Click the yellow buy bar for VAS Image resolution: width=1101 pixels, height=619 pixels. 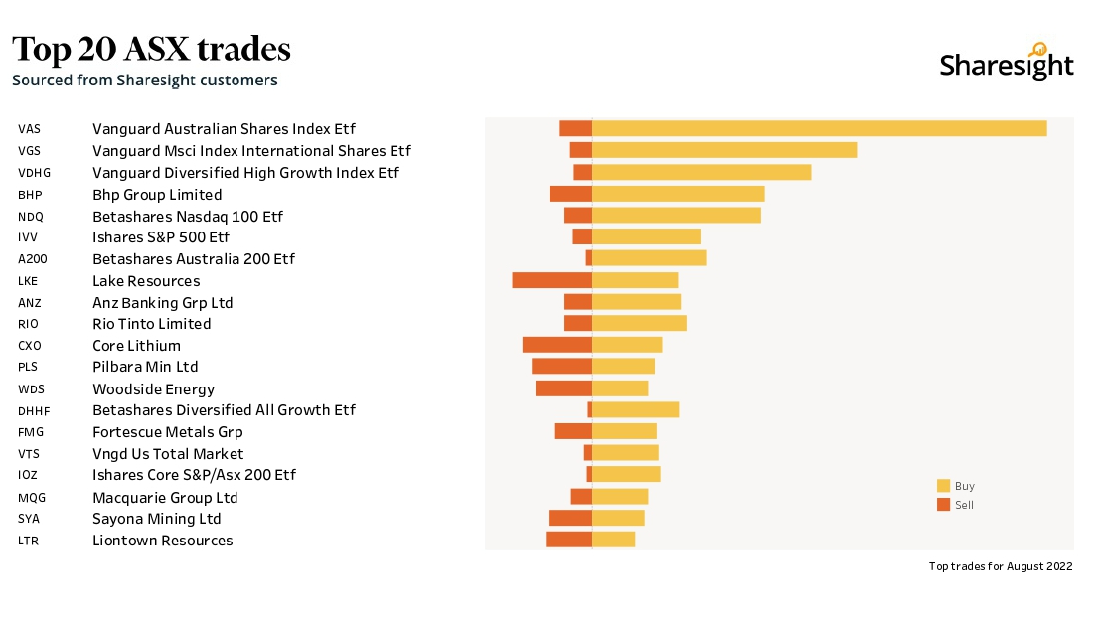819,128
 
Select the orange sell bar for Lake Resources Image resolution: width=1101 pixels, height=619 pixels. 551,280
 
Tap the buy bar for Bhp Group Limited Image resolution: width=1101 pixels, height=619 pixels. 678,194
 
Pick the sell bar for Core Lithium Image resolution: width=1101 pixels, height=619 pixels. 556,345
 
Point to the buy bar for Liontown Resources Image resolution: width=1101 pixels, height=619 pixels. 613,540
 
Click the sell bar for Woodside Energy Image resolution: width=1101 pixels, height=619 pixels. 563,388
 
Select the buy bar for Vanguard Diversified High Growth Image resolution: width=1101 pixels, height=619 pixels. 702,172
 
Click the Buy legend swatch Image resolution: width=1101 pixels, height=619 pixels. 943,486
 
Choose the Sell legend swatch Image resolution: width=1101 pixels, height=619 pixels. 943,505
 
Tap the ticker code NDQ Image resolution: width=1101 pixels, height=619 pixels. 31,217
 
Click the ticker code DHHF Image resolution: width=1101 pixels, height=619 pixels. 34,410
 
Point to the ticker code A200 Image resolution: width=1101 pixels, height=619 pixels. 32,259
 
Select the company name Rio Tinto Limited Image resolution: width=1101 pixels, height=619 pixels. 151,324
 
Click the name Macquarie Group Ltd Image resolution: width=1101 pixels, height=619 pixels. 165,497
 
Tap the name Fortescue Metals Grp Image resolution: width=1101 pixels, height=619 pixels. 167,432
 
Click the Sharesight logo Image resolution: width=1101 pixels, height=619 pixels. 1006,63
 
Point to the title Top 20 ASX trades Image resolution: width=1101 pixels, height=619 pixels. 151,49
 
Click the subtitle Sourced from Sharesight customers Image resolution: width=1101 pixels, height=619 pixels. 144,80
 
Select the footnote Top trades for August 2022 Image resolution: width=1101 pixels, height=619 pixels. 1001,566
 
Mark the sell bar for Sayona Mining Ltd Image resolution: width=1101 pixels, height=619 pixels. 569,518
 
